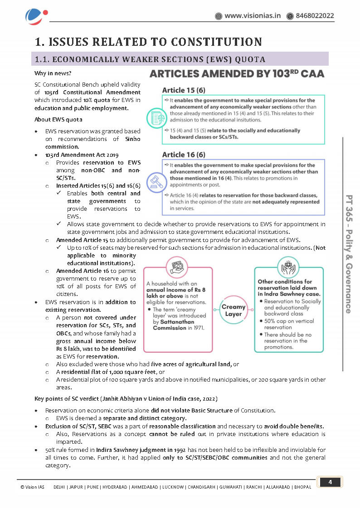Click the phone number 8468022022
[x=315, y=16]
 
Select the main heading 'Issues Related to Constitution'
[x=149, y=42]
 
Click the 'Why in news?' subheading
[x=53, y=73]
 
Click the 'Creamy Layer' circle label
[x=233, y=310]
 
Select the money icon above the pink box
[x=177, y=265]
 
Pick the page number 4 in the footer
[x=330, y=482]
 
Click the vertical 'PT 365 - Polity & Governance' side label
[x=349, y=254]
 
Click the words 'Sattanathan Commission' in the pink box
[x=170, y=325]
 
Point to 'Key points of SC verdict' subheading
[x=126, y=398]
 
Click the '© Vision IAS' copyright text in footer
[x=32, y=487]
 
